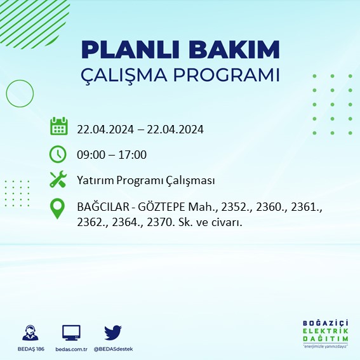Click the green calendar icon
[58, 126]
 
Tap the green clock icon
[58, 154]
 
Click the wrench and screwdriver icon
[58, 180]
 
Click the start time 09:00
[91, 154]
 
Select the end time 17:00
[133, 154]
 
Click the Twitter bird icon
[112, 331]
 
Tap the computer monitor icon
[70, 332]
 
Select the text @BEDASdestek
[113, 349]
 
